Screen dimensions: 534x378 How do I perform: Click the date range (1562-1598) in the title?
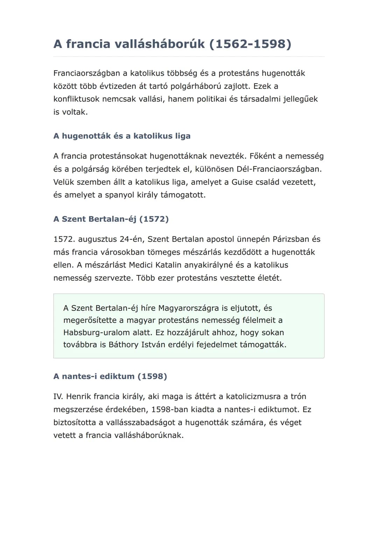pos(250,44)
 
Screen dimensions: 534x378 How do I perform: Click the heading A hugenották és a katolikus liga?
pos(122,136)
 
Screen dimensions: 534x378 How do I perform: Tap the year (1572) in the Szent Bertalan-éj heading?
pos(154,219)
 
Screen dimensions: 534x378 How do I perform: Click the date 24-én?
pos(131,239)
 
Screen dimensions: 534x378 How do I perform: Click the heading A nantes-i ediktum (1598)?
pos(110,377)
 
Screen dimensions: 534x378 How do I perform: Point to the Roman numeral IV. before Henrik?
pos(58,397)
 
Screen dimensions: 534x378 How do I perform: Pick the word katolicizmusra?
pos(253,397)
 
